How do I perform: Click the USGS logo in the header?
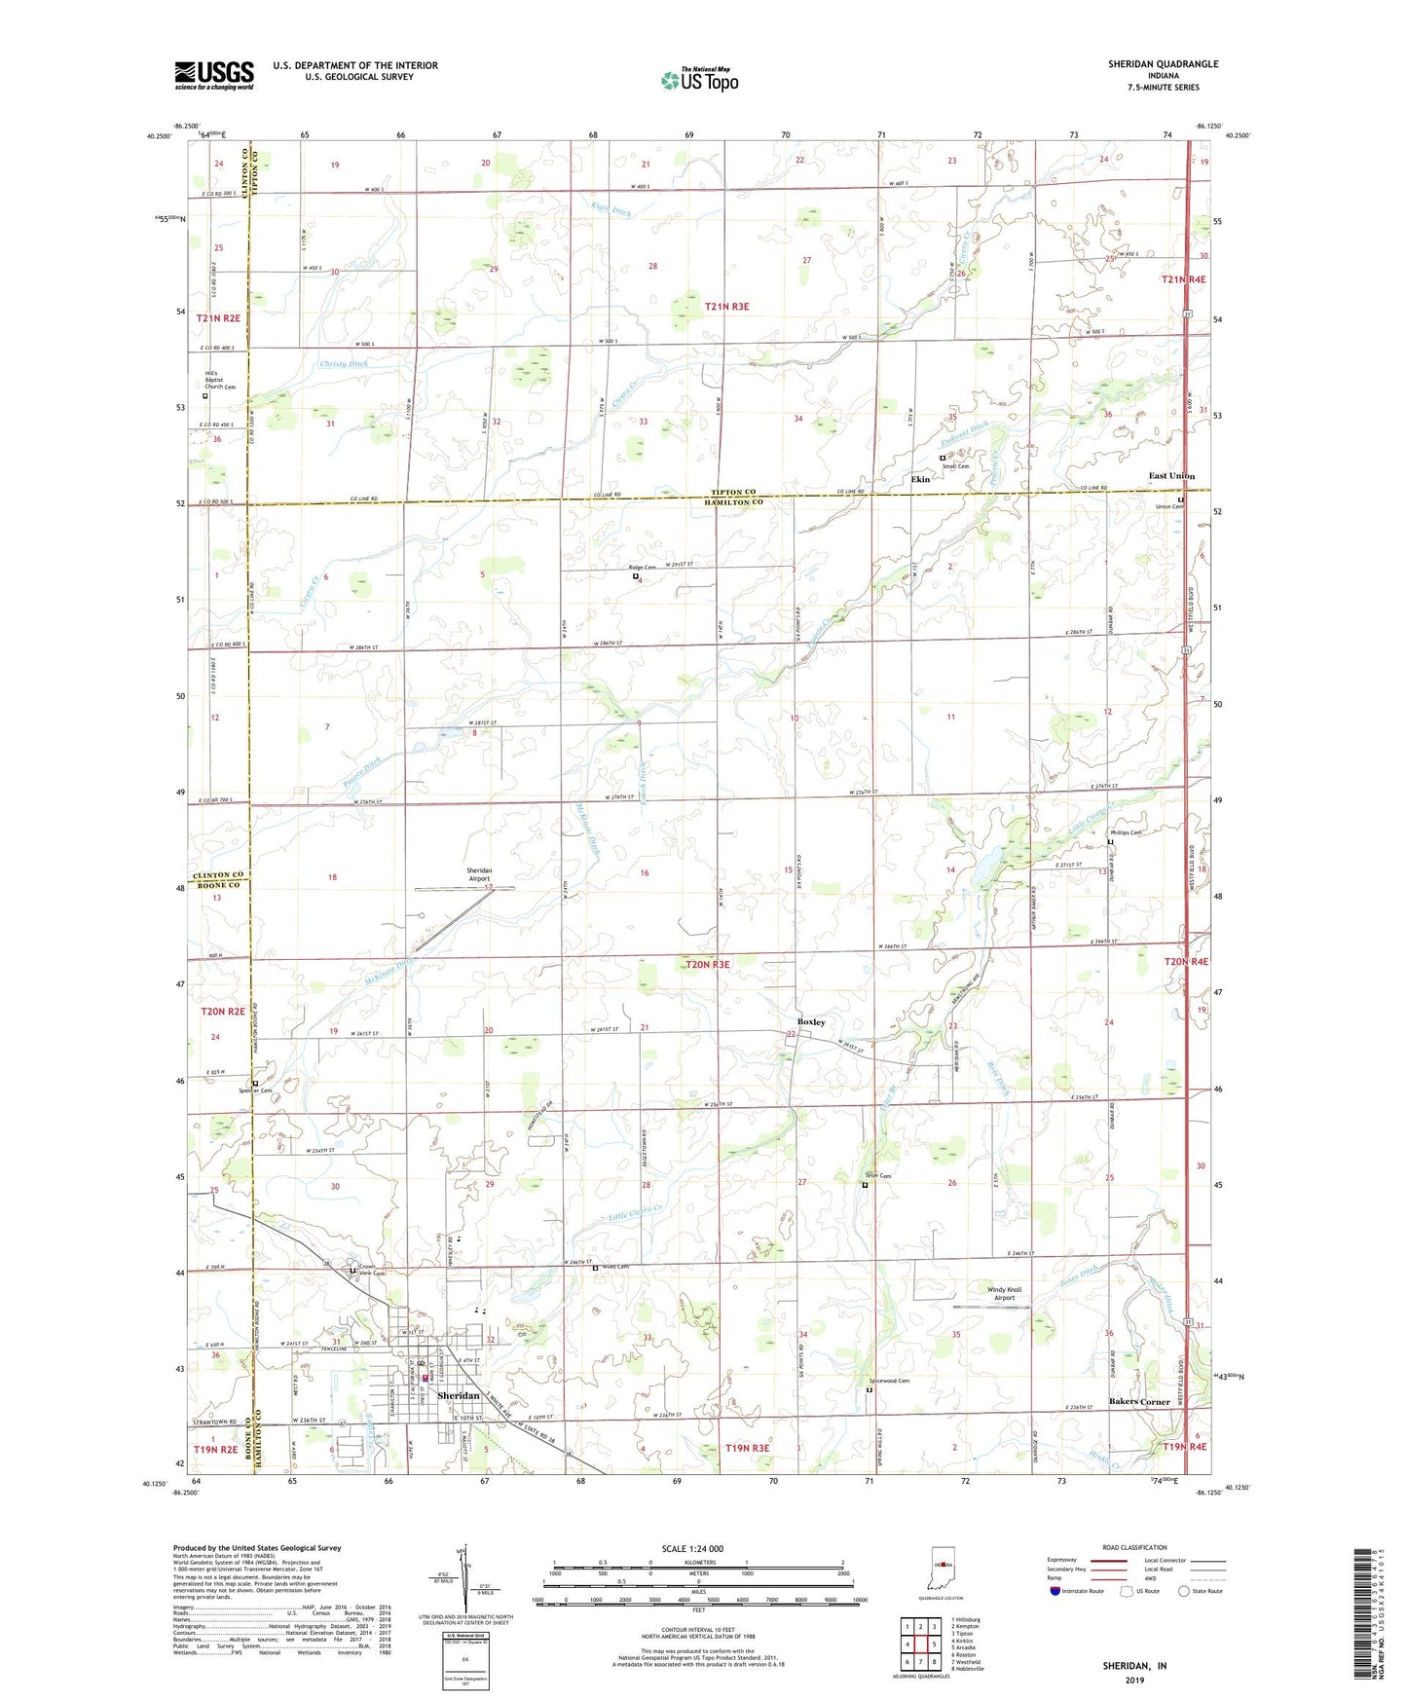pos(214,75)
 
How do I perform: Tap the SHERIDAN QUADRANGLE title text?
pos(1163,64)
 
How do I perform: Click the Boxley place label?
pos(811,1022)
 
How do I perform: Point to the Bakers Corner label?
pos(1139,1402)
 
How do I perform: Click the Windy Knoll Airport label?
pos(1004,1293)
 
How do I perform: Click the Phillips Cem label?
pos(1126,832)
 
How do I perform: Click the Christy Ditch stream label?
pos(345,364)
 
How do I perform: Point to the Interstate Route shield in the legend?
pos(1055,1591)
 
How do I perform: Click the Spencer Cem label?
pos(257,1090)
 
